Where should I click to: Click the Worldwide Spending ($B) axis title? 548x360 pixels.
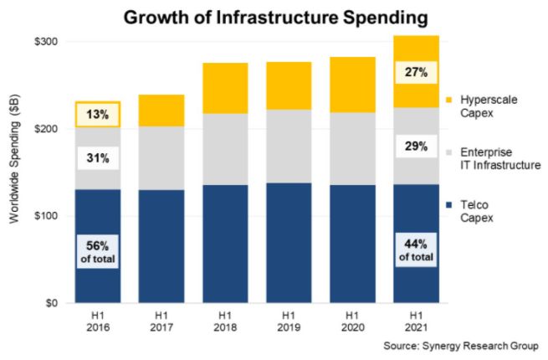tap(14, 172)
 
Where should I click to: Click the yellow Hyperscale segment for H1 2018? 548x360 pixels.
tap(226, 88)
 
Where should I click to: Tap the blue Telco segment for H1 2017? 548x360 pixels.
tap(161, 246)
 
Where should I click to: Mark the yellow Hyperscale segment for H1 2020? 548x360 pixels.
tap(353, 85)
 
